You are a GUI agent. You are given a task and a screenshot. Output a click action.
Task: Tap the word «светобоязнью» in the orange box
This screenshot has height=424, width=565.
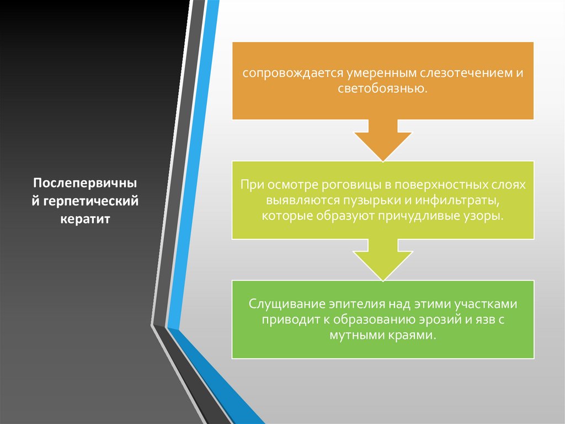click(x=382, y=88)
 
